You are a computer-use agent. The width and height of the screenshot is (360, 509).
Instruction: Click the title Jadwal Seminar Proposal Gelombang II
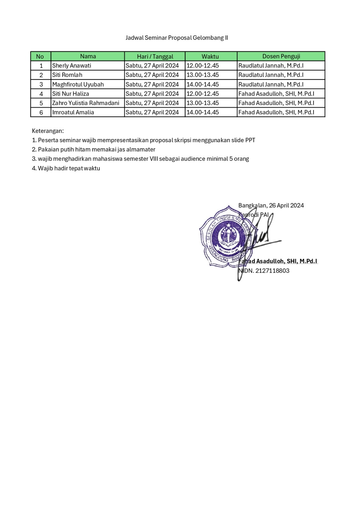[177, 38]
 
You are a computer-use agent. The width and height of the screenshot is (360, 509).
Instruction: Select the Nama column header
[88, 56]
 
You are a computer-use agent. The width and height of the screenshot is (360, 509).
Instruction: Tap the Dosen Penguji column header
[281, 56]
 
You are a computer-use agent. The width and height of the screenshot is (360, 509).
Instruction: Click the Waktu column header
[210, 56]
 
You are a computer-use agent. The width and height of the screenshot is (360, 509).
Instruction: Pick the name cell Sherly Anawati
[72, 66]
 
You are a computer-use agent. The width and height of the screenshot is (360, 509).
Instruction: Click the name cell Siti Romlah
[67, 75]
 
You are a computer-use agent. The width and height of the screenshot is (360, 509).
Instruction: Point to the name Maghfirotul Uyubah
[78, 84]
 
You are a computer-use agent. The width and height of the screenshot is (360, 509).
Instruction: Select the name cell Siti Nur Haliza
[71, 94]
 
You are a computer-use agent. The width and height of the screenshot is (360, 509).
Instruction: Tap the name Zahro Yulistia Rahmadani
[86, 103]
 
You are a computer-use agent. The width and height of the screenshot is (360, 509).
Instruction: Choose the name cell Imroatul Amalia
[73, 112]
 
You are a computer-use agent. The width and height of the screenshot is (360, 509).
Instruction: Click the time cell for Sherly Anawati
[203, 66]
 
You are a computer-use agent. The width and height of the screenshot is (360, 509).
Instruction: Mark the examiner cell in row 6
[276, 112]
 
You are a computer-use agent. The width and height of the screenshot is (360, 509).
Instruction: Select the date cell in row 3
[152, 84]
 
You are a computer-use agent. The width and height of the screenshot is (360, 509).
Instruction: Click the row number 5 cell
[41, 103]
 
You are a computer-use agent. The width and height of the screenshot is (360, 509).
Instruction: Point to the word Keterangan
[48, 131]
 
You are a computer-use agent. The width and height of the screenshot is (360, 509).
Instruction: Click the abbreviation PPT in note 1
[250, 140]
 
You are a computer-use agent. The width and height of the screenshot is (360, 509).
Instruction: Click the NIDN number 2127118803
[272, 271]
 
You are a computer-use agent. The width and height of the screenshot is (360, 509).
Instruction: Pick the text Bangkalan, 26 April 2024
[271, 206]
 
